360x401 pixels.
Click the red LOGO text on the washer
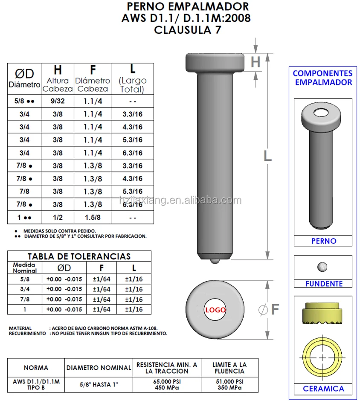click(215, 310)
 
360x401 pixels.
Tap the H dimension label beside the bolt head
click(255, 62)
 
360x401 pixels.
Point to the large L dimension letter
click(267, 156)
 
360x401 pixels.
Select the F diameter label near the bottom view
click(275, 309)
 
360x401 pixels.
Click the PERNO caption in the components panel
click(324, 241)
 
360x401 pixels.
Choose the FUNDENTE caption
click(324, 284)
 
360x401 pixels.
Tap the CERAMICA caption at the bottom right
click(323, 389)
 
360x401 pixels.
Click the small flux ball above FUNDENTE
click(323, 267)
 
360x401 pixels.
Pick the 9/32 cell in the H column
click(58, 102)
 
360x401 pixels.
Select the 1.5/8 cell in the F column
click(93, 218)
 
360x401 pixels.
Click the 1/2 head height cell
click(58, 218)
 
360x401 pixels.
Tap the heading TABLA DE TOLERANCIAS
click(79, 256)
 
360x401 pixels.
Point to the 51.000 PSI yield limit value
click(230, 382)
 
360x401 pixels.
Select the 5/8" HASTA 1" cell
click(99, 384)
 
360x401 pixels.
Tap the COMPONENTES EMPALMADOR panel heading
click(322, 78)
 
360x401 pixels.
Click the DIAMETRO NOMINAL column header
click(99, 368)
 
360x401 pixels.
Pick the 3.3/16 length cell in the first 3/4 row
click(133, 114)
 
